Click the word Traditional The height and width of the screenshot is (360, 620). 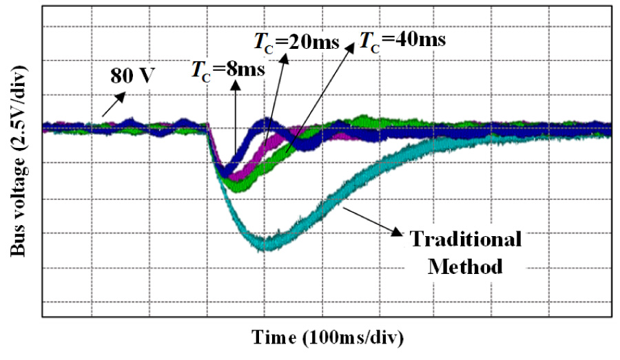coord(465,240)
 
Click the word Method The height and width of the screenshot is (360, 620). coord(465,266)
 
